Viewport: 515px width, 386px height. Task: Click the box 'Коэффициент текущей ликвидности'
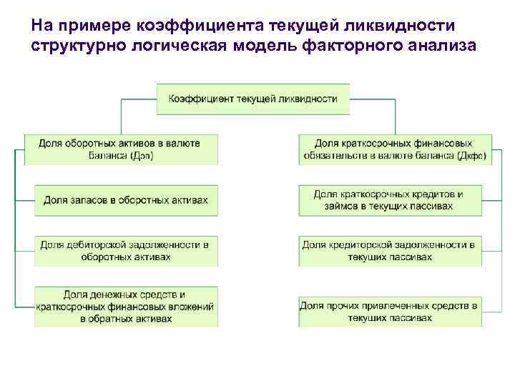point(253,99)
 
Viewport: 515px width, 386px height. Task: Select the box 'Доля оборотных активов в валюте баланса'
point(119,149)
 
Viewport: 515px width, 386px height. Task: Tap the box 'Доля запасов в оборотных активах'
point(126,200)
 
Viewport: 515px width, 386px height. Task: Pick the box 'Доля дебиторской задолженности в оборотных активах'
point(126,250)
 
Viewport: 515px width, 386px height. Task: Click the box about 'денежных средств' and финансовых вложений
point(126,307)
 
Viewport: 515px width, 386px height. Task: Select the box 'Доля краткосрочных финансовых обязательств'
point(394,149)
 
